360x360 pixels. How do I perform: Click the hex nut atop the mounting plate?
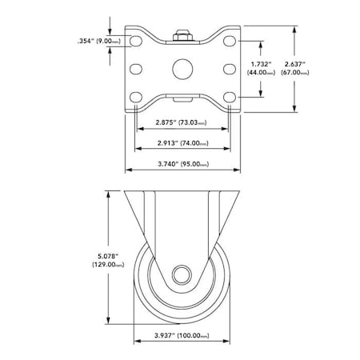[182, 35]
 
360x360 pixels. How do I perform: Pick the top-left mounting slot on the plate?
[134, 40]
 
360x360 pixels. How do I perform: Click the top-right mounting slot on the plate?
[230, 40]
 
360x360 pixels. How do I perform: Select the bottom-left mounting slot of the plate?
[134, 97]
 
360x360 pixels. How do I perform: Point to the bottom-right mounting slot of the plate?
[230, 97]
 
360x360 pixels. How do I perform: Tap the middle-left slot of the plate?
[134, 69]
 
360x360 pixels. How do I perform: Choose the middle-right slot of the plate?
[230, 69]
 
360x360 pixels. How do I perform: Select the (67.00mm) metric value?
[318, 71]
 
